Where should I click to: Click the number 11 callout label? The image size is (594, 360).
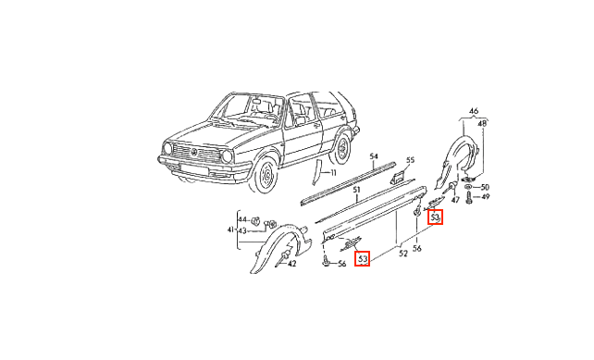coord(333,173)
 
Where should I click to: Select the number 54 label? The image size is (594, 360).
coord(374,156)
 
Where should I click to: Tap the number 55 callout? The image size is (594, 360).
coord(410,160)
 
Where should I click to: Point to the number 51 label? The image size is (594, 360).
coord(356,190)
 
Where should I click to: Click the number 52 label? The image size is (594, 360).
coord(403,254)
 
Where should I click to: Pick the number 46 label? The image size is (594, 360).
coord(474,111)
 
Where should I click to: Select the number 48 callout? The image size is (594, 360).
coord(482,123)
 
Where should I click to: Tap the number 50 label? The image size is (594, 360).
coord(485,187)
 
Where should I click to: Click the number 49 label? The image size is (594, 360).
coord(485,197)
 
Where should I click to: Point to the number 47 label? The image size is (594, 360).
coord(455,199)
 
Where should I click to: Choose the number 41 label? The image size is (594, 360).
coord(230,230)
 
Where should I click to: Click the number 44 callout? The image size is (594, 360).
coord(242,219)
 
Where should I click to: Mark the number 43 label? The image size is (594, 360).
coord(242,230)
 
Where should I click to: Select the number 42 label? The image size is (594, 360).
coord(291,264)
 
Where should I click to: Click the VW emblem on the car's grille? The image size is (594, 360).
coord(194,153)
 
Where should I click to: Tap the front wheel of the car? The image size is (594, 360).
coord(266,175)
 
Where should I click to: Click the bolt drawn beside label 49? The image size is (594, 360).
coord(470,197)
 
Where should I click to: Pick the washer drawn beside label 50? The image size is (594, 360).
coord(468,187)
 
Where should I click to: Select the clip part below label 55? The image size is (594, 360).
coord(398,176)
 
